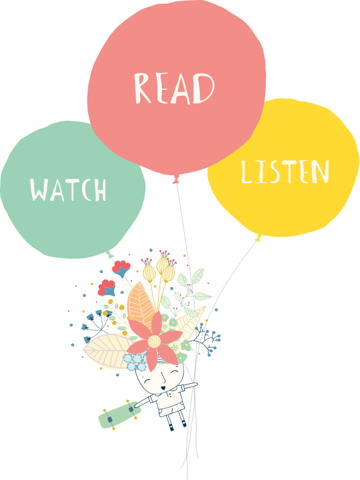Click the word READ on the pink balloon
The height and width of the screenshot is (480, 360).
point(175,88)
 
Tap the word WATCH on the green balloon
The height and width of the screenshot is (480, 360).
point(68,190)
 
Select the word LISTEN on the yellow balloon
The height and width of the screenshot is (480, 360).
point(285,172)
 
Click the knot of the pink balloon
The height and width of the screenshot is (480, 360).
point(176,179)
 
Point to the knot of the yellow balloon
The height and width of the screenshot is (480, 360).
point(258,238)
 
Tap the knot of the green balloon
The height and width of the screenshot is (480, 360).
point(110,254)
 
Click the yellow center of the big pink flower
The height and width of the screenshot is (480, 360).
point(154,341)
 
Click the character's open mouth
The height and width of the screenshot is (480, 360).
point(163,388)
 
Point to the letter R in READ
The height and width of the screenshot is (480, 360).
point(143,88)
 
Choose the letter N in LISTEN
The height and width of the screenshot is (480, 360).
point(320,172)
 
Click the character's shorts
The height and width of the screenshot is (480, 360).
point(170,409)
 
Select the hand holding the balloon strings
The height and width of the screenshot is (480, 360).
point(193,384)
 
